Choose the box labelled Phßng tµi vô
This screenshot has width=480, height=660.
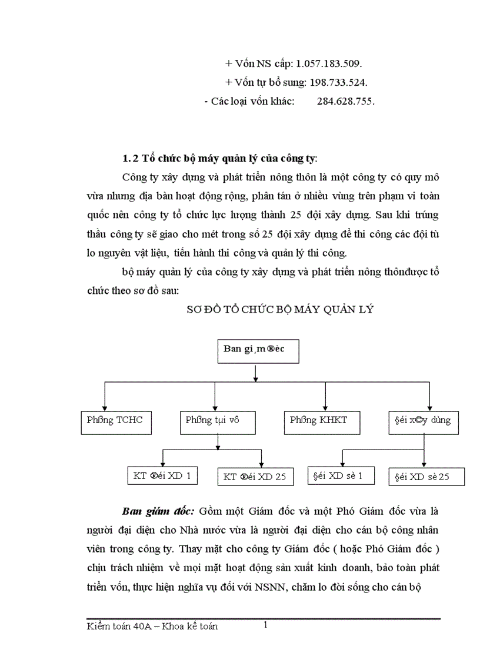click(212, 420)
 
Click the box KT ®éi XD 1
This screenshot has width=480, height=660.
click(162, 475)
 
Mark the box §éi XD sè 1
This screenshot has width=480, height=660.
click(342, 475)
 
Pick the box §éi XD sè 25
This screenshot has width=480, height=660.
click(426, 477)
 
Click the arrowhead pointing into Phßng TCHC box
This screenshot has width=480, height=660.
click(105, 407)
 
